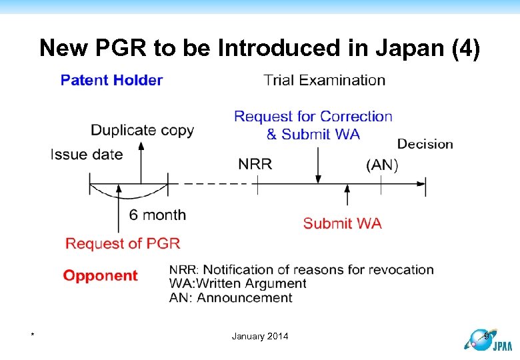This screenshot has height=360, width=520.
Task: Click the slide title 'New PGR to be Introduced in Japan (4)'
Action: [259, 48]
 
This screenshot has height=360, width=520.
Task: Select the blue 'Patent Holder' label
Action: [111, 80]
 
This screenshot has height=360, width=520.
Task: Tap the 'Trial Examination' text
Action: [325, 80]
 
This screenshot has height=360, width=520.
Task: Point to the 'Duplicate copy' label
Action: [142, 130]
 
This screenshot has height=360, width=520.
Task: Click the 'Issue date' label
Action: [87, 155]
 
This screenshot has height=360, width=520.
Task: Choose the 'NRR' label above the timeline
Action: [255, 164]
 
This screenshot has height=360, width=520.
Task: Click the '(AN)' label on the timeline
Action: [382, 165]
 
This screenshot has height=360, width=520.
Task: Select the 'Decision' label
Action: [425, 144]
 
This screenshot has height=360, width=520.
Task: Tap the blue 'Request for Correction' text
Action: [313, 117]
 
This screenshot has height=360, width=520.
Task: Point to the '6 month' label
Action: [157, 215]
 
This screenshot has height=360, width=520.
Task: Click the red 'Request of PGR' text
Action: [123, 243]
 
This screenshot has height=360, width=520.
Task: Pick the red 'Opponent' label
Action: [100, 275]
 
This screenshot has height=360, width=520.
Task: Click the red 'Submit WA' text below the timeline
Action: [342, 223]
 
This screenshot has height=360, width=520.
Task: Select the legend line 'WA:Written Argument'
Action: [237, 283]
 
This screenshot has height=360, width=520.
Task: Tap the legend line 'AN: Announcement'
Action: [230, 297]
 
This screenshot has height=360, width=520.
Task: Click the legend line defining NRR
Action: [301, 269]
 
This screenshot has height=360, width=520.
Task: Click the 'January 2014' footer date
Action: [260, 336]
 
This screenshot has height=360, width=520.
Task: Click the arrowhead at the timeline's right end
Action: [421, 183]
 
